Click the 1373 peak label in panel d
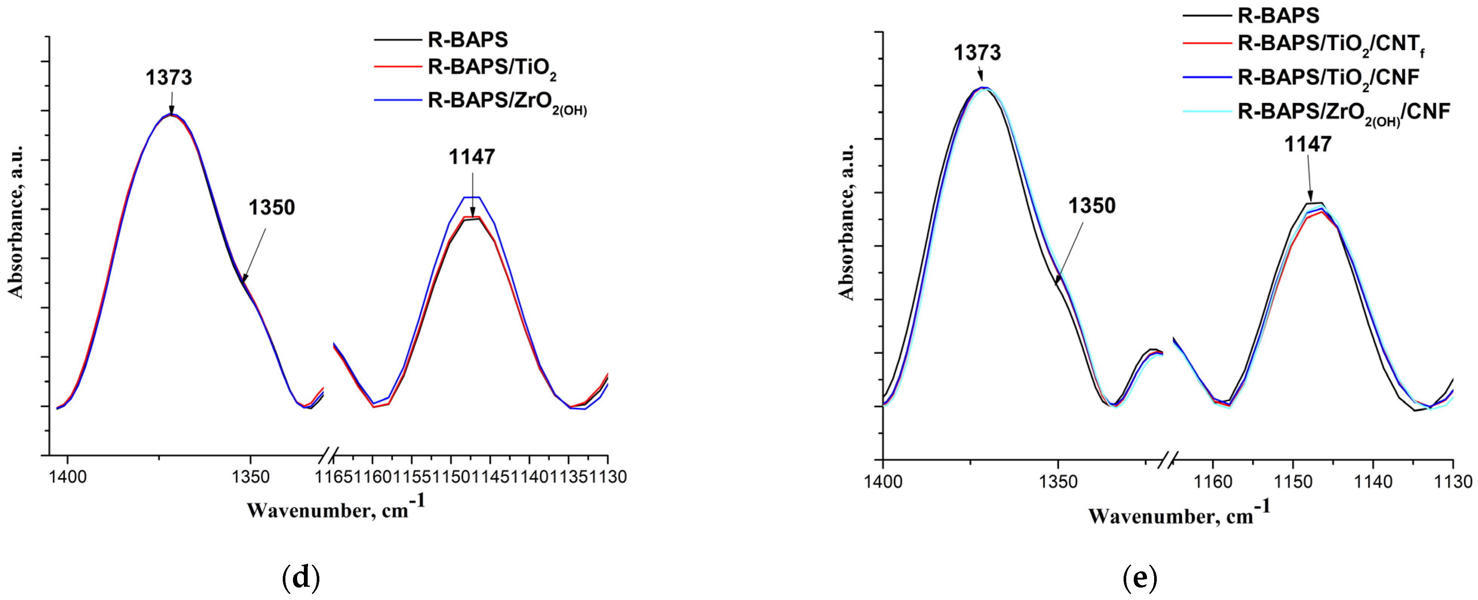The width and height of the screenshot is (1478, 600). pos(168,77)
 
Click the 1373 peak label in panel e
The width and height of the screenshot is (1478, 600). pos(977,53)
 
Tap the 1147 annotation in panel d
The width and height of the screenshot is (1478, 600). pos(472,157)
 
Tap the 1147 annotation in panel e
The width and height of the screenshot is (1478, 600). pos(1308,144)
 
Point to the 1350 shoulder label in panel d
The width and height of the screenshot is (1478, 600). pos(271,207)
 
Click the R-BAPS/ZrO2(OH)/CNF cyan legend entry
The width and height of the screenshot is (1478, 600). pos(1343,112)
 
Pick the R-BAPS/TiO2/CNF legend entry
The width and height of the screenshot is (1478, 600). pos(1328,77)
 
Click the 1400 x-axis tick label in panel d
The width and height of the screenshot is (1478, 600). pos(68,477)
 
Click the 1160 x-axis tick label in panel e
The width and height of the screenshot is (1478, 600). pos(1213,481)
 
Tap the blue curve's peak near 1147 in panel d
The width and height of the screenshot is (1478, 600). pos(472,197)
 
